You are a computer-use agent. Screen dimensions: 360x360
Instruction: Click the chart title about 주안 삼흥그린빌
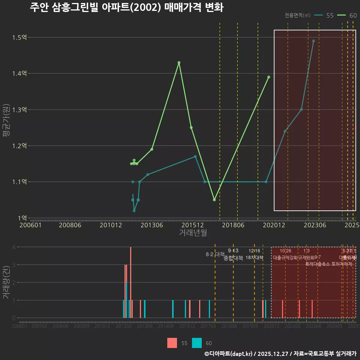click(126, 7)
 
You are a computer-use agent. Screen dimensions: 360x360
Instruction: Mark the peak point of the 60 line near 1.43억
click(179, 63)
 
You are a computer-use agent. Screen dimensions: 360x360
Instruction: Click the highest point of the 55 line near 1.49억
click(313, 41)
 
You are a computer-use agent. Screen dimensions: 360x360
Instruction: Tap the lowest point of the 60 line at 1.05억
click(214, 200)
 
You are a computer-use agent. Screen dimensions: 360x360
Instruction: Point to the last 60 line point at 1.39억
click(268, 77)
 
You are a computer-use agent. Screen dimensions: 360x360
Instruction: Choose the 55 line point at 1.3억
click(301, 109)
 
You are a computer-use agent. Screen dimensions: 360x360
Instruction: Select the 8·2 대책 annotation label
click(215, 254)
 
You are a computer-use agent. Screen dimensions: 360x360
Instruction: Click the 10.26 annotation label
click(285, 251)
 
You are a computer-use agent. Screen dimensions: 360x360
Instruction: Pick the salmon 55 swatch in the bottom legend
click(172, 343)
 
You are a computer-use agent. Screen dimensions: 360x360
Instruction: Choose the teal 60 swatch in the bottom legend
click(196, 343)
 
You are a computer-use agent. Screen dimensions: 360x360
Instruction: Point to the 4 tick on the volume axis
click(14, 247)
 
